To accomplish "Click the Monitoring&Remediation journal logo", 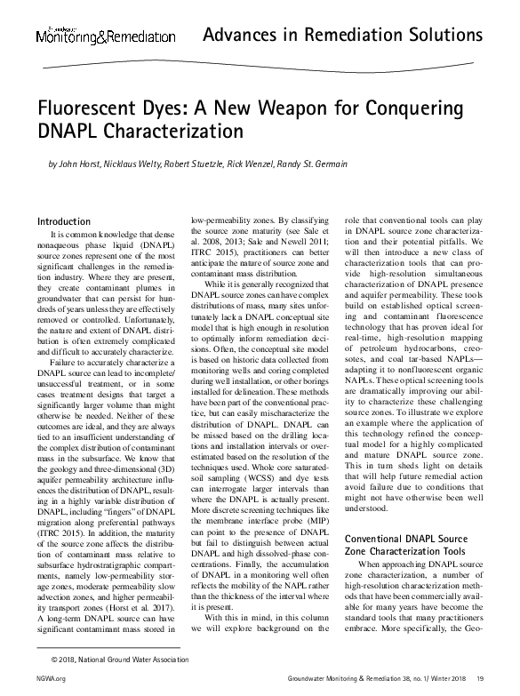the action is point(105,36).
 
